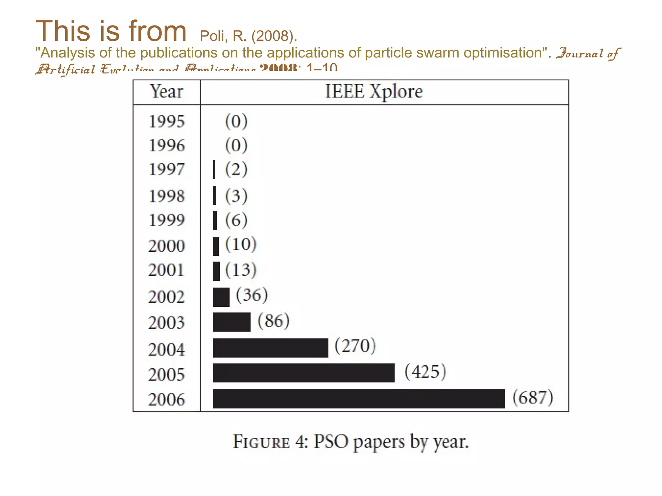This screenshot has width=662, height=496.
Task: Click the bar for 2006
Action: pyautogui.click(x=359, y=398)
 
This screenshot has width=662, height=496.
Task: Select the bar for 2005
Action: pyautogui.click(x=304, y=373)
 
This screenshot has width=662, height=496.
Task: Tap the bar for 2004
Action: pyautogui.click(x=271, y=348)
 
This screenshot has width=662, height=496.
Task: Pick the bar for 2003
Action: pyautogui.click(x=232, y=322)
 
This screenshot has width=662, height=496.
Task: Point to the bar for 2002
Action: pyautogui.click(x=221, y=297)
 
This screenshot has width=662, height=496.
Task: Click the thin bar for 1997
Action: pyautogui.click(x=214, y=170)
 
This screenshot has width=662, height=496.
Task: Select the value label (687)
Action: pyautogui.click(x=533, y=398)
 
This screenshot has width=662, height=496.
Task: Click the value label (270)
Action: pyautogui.click(x=355, y=346)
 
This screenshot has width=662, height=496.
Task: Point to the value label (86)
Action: pyautogui.click(x=273, y=321)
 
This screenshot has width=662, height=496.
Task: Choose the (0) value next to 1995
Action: pyautogui.click(x=236, y=121)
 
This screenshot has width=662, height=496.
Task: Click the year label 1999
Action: pyautogui.click(x=166, y=220)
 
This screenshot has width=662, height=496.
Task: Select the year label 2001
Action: pyautogui.click(x=166, y=270)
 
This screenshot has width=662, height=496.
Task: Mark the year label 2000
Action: pyautogui.click(x=166, y=246)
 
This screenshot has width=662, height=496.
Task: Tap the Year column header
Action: pyautogui.click(x=166, y=92)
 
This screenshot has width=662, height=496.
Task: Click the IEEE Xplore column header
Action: pyautogui.click(x=374, y=91)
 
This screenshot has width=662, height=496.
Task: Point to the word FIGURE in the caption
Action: pyautogui.click(x=262, y=442)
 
